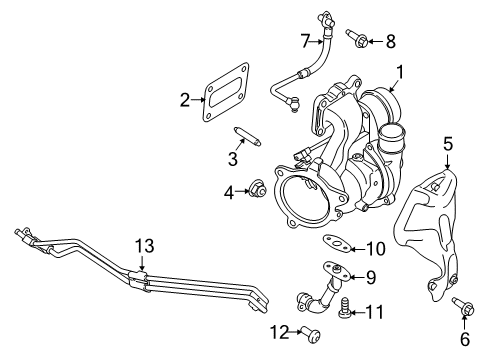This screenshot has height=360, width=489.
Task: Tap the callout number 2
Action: click(185, 99)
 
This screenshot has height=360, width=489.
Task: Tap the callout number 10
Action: click(374, 248)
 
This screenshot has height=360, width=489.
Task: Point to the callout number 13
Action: click(144, 245)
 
